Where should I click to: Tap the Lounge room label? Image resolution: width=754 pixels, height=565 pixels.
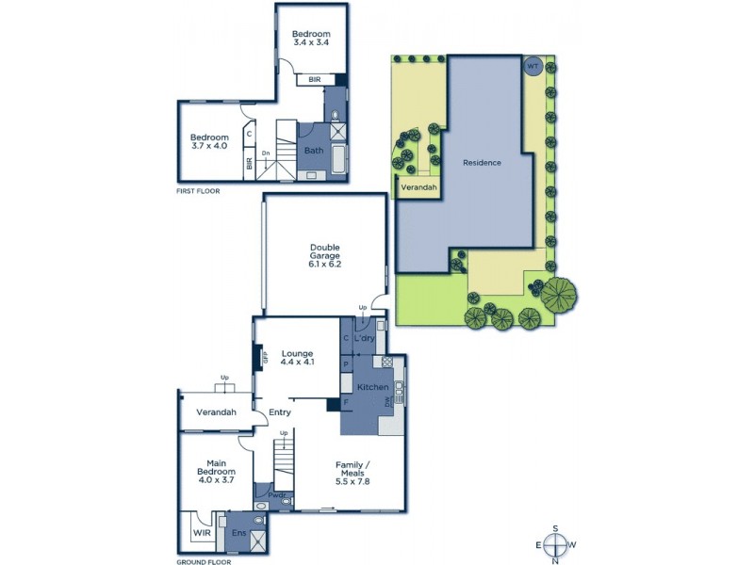[x=297, y=354]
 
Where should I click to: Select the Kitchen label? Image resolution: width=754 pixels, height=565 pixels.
[x=371, y=388]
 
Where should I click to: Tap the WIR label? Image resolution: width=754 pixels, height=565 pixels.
[x=202, y=533]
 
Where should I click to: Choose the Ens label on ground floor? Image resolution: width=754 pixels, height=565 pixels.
[x=238, y=532]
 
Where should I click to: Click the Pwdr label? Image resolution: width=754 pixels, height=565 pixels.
[x=275, y=494]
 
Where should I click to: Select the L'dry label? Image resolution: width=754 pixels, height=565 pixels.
[x=366, y=337]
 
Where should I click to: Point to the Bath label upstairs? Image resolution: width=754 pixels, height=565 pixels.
[x=313, y=150]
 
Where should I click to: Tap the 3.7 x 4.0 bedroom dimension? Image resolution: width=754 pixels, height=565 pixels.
[x=209, y=146]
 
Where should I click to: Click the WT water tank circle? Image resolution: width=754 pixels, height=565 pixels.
[x=533, y=67]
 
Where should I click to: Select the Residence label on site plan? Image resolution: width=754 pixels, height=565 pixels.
[x=482, y=163]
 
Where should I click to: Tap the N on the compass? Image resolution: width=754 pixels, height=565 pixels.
[x=557, y=561]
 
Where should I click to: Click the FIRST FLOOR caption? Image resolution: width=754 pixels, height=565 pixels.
[x=201, y=191]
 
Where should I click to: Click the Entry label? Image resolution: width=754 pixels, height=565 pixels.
[x=279, y=412]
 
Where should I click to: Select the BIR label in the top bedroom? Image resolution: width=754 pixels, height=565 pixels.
[x=314, y=80]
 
